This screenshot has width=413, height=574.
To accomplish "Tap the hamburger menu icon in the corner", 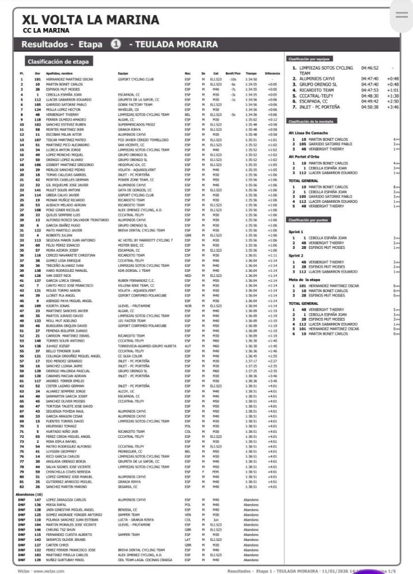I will [x=401, y=15].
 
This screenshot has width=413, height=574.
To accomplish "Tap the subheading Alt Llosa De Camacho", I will [x=308, y=133].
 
